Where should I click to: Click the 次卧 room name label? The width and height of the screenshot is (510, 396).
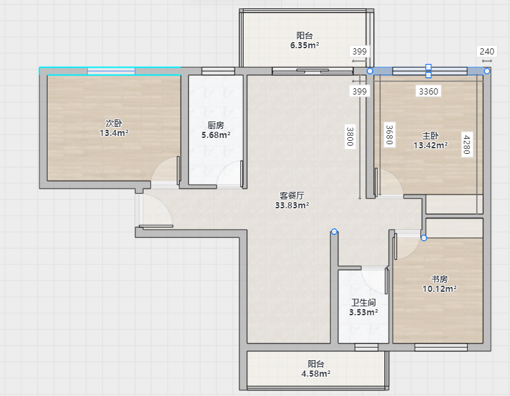pos(114,123)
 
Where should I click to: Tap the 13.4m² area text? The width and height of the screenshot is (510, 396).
pos(114,133)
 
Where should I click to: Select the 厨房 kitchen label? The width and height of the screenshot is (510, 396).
pos(216,125)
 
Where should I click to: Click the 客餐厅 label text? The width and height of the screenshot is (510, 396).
pos(292,195)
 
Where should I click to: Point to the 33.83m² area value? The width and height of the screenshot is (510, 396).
pos(292,205)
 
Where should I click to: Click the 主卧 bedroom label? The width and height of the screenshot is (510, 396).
pos(431,135)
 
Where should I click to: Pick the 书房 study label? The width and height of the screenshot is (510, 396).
pos(440,279)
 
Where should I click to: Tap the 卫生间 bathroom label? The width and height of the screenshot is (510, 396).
pos(364,303)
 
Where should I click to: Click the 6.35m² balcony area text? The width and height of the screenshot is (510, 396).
pos(304,46)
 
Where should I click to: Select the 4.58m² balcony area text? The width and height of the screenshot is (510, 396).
pos(316,373)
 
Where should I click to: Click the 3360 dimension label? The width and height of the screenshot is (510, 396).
pos(429,91)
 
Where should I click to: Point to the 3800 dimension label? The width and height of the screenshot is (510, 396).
pos(350,136)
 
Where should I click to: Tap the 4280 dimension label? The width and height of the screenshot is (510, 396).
pos(467,144)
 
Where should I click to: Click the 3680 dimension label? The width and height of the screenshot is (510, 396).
pos(389,135)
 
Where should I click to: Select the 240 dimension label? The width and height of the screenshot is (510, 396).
pos(487,51)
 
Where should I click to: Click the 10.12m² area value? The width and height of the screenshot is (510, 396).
pos(440,288)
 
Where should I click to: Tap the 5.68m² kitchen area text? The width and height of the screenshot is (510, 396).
pos(216,135)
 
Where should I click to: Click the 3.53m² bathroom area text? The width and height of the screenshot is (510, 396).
pos(364,313)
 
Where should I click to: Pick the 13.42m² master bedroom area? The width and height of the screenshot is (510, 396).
pos(431,145)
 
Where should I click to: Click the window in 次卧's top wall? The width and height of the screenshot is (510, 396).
pos(111,71)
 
